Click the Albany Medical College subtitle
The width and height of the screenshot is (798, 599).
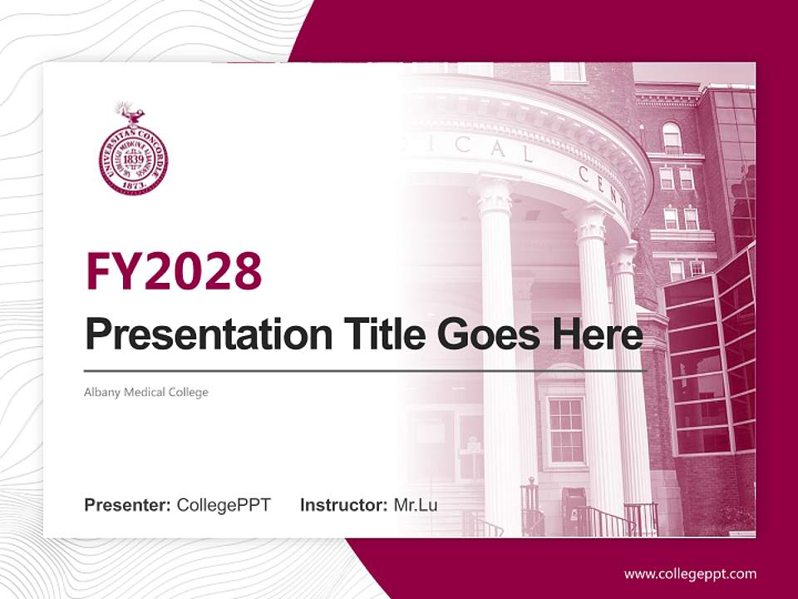(x=146, y=392)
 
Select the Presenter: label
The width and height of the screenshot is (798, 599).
(x=128, y=505)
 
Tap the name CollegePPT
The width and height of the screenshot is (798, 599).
(x=224, y=505)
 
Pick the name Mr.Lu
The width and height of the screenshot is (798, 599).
(x=416, y=505)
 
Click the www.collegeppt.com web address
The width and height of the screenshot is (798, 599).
(x=690, y=573)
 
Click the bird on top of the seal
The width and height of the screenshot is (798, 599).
(x=131, y=112)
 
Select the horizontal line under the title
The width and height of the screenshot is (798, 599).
(x=366, y=370)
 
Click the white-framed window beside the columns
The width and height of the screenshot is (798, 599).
(x=566, y=429)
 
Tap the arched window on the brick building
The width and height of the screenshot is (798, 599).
(x=672, y=137)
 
